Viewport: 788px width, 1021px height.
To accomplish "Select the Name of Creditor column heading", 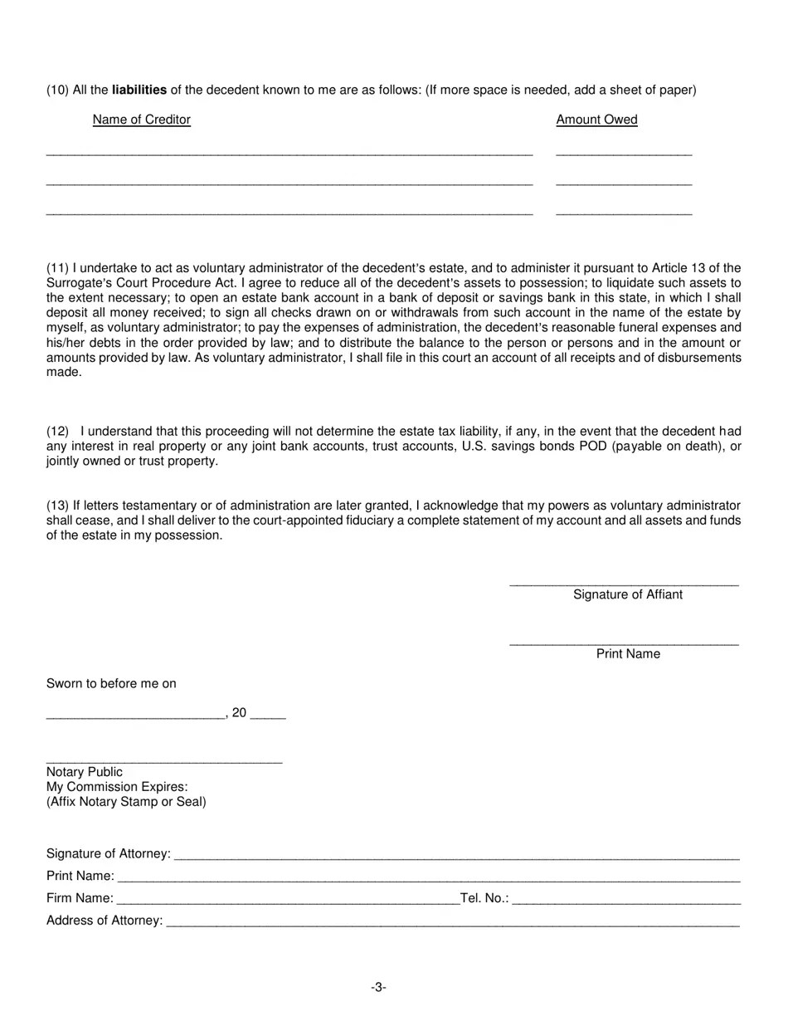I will coord(142,120).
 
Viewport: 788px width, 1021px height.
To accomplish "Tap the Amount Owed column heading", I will coord(596,120).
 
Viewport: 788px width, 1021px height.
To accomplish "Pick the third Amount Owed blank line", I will coord(624,214).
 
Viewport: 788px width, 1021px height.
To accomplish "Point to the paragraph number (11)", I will coord(58,268).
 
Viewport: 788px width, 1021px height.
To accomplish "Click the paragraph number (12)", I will coord(58,432).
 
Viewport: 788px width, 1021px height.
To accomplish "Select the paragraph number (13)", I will coord(58,506).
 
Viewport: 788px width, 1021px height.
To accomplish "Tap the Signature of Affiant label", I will coord(628,594).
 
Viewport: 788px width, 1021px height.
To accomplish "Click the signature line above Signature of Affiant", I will coord(624,585).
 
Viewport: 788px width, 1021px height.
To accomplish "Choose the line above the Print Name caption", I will coord(624,644).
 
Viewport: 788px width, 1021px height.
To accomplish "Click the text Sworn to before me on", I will coord(111,684).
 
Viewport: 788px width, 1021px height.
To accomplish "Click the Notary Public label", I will coord(85,772).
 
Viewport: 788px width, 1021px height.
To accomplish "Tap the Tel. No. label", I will coord(484,898).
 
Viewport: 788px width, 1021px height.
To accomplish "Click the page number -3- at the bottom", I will coord(378,988).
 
